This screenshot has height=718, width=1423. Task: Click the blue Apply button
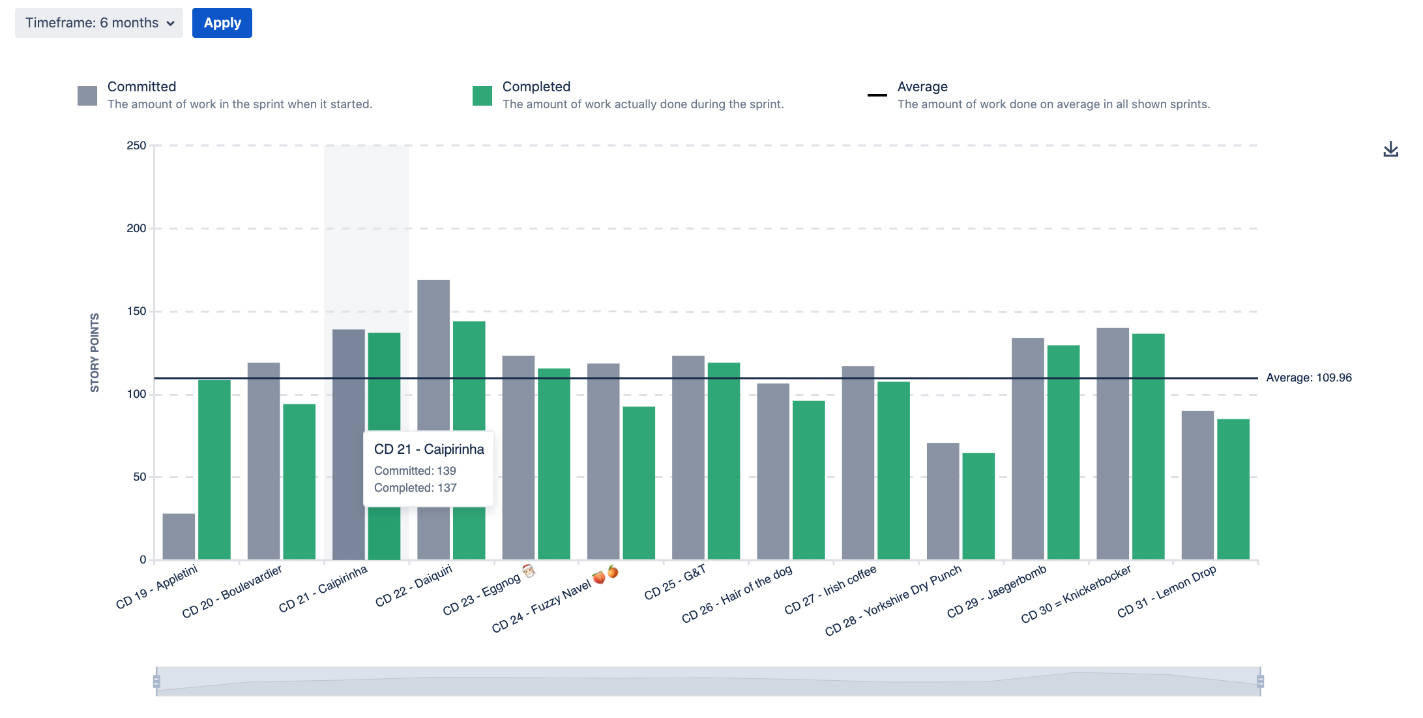point(222,23)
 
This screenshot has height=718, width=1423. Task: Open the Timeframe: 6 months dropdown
point(99,23)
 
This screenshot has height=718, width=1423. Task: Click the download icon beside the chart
point(1390,149)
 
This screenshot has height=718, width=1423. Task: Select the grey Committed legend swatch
point(87,95)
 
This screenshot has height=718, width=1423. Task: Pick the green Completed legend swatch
point(482,95)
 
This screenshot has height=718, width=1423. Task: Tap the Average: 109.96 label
point(1308,378)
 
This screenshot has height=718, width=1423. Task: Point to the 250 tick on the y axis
point(136,145)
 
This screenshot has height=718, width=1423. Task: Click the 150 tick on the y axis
point(136,311)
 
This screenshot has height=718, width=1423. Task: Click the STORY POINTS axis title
point(95,353)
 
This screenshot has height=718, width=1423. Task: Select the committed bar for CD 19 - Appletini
point(179,536)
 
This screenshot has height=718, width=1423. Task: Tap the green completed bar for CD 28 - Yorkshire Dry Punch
point(978,506)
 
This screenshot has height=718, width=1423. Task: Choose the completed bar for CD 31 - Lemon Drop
point(1233,489)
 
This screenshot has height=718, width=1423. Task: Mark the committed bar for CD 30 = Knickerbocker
point(1113,443)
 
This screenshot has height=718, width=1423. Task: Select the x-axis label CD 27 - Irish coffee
point(830,590)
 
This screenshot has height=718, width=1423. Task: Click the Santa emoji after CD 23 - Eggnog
point(529,571)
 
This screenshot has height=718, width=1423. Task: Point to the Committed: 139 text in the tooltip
point(415,471)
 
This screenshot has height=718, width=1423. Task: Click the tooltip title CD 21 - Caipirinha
point(429,449)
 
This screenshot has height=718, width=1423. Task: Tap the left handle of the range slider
point(156,681)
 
